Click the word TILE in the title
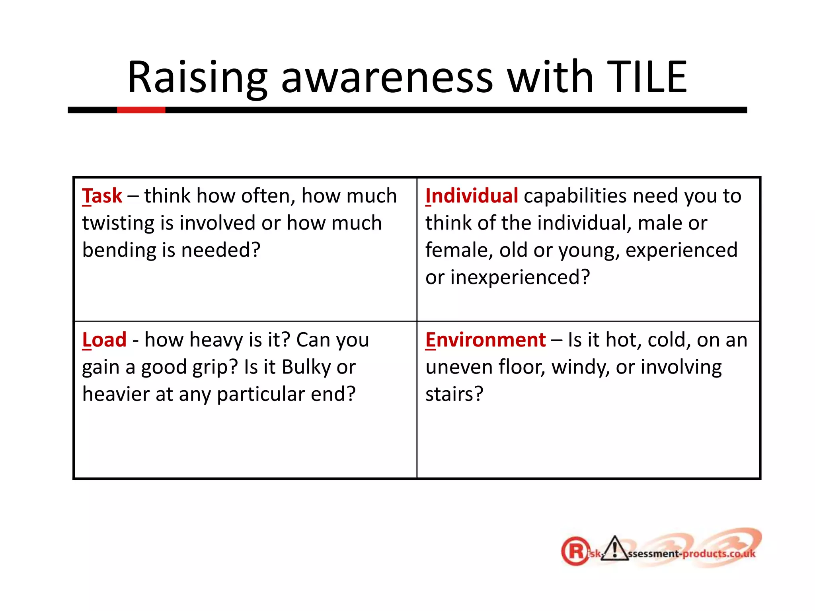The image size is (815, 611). click(x=647, y=77)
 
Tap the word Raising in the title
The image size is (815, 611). click(x=197, y=77)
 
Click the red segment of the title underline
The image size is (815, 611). click(x=141, y=110)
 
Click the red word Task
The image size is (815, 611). click(x=102, y=196)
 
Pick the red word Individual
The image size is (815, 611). click(x=472, y=196)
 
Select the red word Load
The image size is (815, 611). click(x=104, y=340)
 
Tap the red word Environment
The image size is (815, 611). click(x=485, y=340)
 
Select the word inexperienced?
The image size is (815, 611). click(x=520, y=277)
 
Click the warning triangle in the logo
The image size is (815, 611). click(x=615, y=549)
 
